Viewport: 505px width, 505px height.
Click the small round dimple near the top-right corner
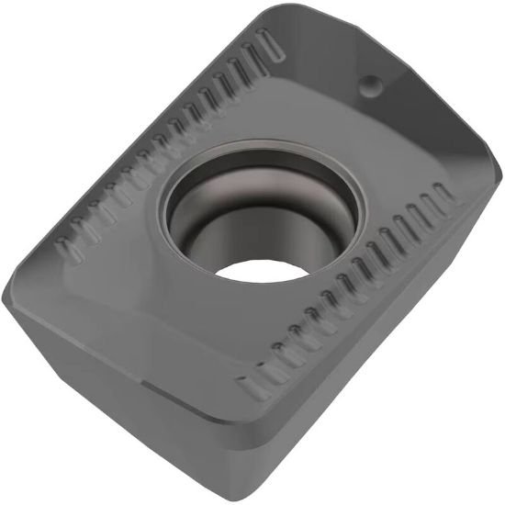point(373,84)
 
